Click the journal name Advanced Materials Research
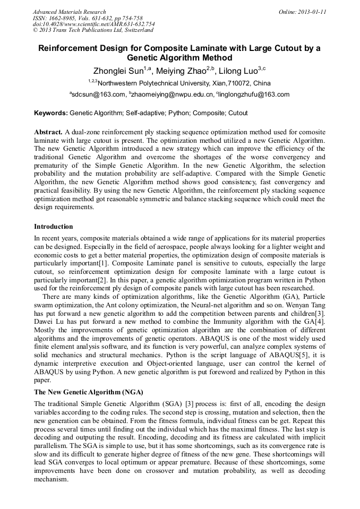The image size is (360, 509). pos(69,12)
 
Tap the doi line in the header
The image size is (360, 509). pos(93,24)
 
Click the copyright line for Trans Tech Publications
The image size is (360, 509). pos(93,30)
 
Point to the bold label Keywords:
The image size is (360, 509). pos(51,113)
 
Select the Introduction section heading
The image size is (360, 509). pos(54,227)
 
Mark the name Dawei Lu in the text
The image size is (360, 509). pos(50,322)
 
